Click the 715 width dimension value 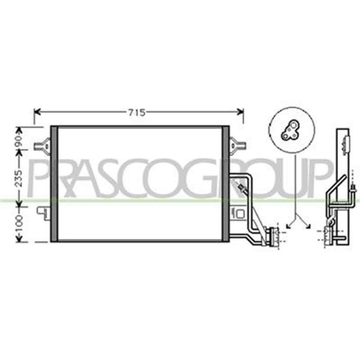(x=137, y=113)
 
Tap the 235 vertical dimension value (x=19, y=178)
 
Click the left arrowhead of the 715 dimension (x=37, y=112)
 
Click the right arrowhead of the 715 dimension (x=240, y=112)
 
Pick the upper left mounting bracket (x=42, y=145)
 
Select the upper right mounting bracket (x=238, y=145)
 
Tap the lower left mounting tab (x=44, y=213)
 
